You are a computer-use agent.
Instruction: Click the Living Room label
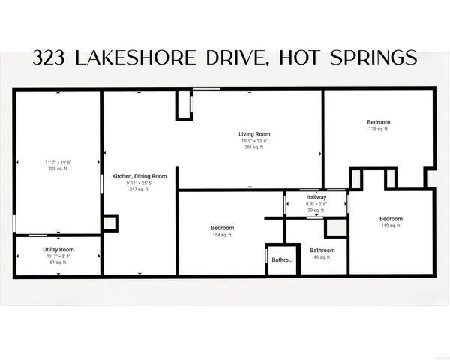point(254,134)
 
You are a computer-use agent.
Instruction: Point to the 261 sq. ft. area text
point(254,147)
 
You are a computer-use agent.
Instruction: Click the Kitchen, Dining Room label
point(139,176)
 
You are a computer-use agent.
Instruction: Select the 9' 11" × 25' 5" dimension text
point(139,183)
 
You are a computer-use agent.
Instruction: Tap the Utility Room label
point(58,249)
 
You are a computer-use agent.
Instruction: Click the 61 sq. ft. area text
point(58,262)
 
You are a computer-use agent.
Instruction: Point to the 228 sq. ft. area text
point(58,169)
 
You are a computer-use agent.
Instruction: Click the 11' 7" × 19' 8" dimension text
point(58,163)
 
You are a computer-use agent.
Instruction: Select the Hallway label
point(316,197)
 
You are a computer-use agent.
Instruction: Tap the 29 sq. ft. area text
point(316,211)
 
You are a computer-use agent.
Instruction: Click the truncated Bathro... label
point(282,260)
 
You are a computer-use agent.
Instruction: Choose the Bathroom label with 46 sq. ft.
point(322,250)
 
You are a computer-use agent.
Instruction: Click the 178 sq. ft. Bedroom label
point(378,122)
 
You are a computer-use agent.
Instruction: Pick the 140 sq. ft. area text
point(390,225)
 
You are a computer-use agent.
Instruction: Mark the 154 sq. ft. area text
point(222,235)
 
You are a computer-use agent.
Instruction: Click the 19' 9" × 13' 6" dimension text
point(254,141)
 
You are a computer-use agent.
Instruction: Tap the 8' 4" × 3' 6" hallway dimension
point(316,204)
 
